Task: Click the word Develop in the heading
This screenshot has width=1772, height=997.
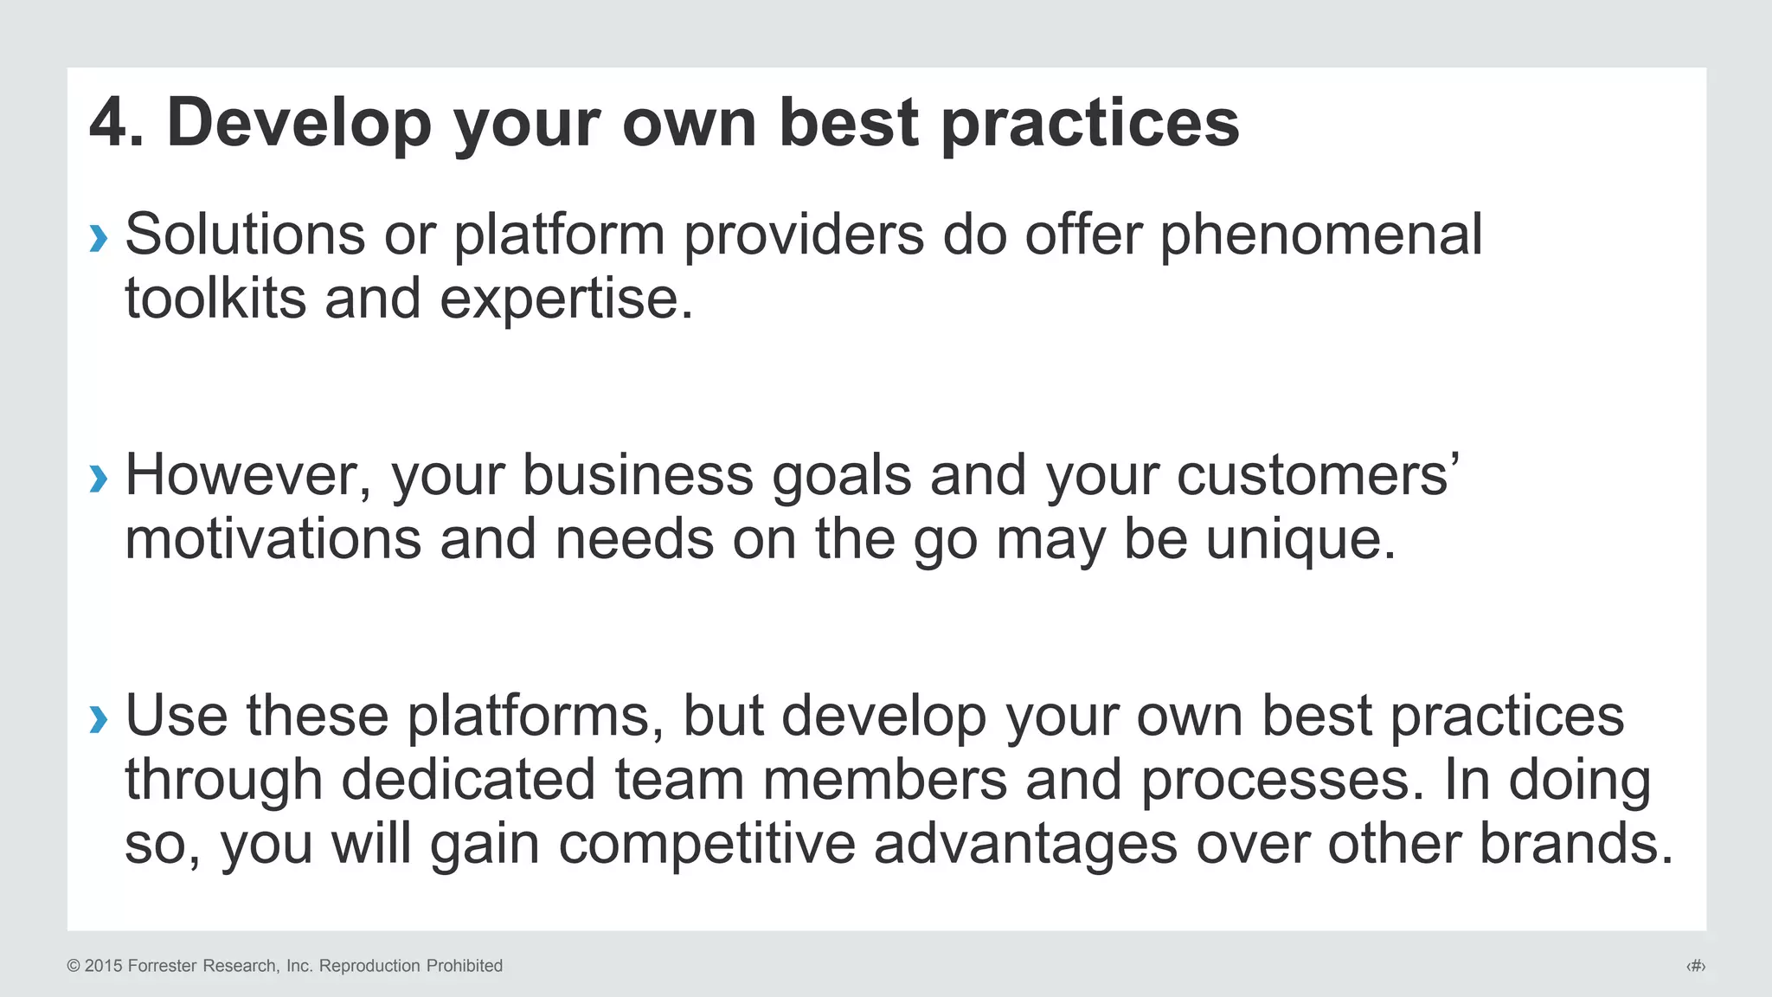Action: [299, 123]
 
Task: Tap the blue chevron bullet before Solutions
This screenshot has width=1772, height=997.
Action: [99, 237]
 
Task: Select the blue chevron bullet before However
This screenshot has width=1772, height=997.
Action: [99, 478]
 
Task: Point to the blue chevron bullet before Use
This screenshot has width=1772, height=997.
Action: [99, 718]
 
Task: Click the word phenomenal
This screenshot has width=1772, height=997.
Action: [1320, 235]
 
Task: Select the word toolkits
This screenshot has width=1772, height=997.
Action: [215, 299]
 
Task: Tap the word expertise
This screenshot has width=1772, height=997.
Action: [566, 300]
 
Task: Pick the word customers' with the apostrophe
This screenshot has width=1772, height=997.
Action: [1317, 476]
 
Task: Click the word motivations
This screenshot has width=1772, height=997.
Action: [273, 539]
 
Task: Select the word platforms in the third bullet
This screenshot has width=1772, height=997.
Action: [528, 717]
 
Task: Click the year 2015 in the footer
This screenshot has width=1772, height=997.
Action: [104, 966]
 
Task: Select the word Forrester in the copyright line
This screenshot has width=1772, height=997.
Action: [163, 966]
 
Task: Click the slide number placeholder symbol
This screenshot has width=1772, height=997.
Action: [1696, 966]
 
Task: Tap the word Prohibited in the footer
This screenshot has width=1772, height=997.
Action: [461, 966]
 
